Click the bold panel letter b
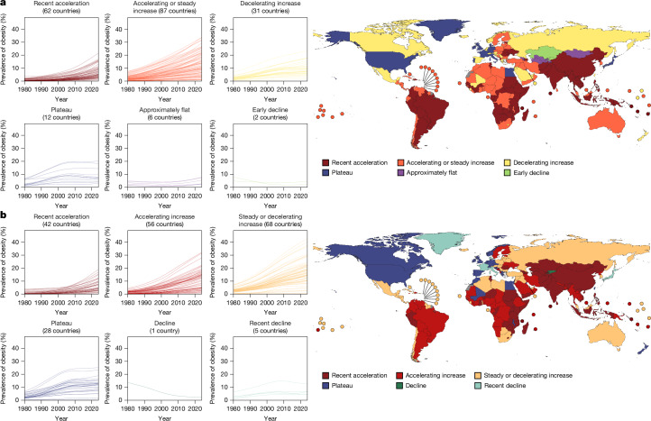click(x=4, y=215)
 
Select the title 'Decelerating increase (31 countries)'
click(x=270, y=7)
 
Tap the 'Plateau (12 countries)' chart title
click(x=61, y=114)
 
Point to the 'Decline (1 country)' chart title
click(x=165, y=326)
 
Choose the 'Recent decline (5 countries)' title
click(x=270, y=326)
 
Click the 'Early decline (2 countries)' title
click(x=270, y=114)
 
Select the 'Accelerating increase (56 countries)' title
click(x=165, y=220)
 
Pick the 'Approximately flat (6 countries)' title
click(x=165, y=114)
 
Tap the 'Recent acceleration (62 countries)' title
click(x=61, y=7)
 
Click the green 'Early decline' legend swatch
click(x=507, y=173)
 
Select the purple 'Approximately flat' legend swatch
click(x=400, y=173)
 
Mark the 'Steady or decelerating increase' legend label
click(x=528, y=375)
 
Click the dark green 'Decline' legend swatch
click(x=399, y=386)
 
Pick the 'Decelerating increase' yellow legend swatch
click(x=507, y=163)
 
